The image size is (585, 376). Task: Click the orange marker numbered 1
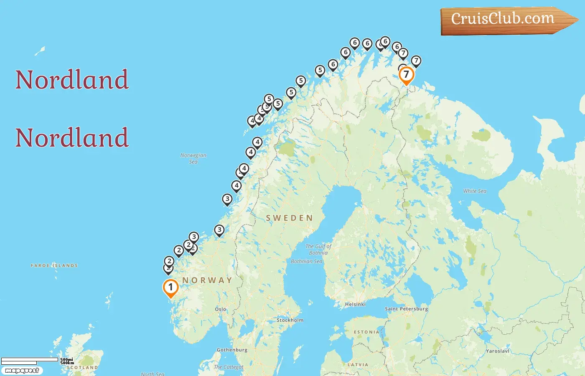click(x=170, y=287)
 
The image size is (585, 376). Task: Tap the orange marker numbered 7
click(x=406, y=75)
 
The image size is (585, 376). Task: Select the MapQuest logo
click(x=22, y=371)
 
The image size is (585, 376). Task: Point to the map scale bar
click(x=30, y=360)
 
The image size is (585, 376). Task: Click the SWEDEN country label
click(x=289, y=218)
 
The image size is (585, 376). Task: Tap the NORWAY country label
click(x=207, y=280)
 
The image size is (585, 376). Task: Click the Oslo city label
click(x=221, y=309)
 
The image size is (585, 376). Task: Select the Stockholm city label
click(x=290, y=320)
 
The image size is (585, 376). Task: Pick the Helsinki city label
click(x=355, y=304)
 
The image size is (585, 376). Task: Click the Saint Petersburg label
click(x=406, y=309)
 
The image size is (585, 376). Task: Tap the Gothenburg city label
click(x=232, y=350)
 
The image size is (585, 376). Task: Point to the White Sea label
click(x=475, y=191)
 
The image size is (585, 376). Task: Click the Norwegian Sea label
click(x=193, y=158)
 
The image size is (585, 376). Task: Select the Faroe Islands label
click(x=54, y=265)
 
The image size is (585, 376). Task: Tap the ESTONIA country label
click(x=366, y=332)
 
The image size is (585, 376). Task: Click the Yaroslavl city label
click(x=497, y=351)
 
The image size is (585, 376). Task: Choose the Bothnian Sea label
click(x=307, y=262)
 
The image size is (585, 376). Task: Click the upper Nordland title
click(x=72, y=79)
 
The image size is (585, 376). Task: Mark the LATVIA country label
click(x=358, y=365)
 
